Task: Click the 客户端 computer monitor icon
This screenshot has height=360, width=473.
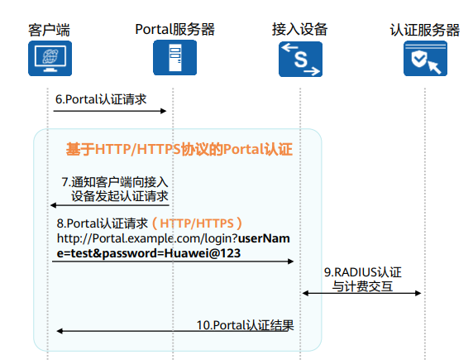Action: (50, 58)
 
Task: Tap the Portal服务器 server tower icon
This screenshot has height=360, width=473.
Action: (175, 58)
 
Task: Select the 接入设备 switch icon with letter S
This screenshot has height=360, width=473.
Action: (300, 59)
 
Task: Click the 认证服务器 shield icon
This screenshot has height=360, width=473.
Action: (425, 58)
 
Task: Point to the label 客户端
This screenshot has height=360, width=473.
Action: (49, 30)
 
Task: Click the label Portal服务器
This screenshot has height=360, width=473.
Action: (175, 29)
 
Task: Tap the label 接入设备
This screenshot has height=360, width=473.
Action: (300, 29)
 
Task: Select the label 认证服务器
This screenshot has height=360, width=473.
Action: (425, 30)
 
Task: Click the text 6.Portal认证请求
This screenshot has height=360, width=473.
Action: (101, 99)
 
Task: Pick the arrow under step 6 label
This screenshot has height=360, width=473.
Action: (110, 111)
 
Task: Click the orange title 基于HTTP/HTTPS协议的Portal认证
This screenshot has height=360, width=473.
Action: (179, 149)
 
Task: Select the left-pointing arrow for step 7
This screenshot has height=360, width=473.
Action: (110, 205)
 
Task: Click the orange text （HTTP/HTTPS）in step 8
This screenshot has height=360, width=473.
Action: (197, 223)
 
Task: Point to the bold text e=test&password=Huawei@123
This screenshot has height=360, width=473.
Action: (149, 253)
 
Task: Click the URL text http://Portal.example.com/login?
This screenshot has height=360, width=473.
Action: (147, 238)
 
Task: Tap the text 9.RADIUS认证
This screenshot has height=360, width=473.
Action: (363, 272)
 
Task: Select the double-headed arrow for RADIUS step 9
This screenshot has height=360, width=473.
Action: (361, 293)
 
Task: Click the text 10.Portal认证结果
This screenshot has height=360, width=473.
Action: (246, 325)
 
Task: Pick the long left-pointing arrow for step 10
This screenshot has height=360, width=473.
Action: (175, 331)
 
